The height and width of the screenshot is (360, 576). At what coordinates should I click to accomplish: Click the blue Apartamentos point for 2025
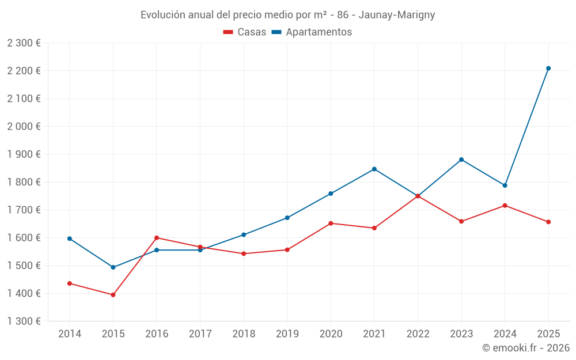click(548, 69)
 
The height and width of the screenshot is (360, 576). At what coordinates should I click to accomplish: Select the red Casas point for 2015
click(113, 295)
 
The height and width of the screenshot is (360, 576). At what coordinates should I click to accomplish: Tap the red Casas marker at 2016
click(157, 238)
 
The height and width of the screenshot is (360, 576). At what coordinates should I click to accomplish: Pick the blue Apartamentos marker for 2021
click(374, 169)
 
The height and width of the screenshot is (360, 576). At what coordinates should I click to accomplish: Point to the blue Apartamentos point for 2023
click(461, 160)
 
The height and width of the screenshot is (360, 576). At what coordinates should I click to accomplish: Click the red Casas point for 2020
click(331, 223)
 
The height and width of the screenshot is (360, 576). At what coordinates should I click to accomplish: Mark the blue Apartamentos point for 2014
click(70, 238)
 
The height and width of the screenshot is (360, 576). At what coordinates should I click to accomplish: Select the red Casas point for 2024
click(505, 206)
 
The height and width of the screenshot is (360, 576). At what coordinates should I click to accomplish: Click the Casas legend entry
click(245, 32)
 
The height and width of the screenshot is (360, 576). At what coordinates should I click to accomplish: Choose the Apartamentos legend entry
click(312, 32)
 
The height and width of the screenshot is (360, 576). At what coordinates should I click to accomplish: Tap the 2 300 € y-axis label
click(24, 43)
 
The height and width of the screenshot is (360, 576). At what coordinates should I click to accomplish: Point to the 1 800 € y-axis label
click(24, 182)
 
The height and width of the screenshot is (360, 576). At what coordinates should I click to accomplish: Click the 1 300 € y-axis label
click(24, 321)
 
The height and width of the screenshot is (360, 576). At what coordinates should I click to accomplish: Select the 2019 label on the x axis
click(287, 334)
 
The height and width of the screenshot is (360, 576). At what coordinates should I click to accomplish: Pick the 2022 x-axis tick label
click(418, 334)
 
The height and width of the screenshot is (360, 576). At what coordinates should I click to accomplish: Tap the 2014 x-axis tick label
click(70, 334)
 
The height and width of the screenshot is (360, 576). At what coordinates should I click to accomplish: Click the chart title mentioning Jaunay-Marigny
click(288, 15)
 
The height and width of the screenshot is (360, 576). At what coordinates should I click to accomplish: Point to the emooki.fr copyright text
click(526, 348)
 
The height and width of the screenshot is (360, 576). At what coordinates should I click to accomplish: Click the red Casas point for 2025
click(548, 222)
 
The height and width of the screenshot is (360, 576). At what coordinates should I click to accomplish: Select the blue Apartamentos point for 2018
click(244, 235)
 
